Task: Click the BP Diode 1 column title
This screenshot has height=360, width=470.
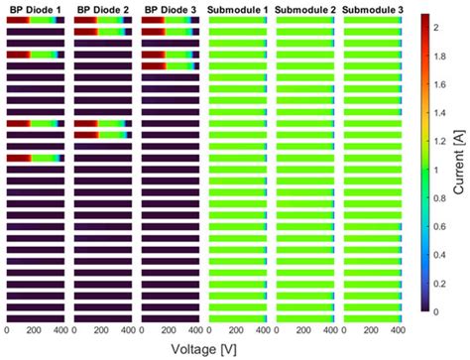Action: point(35,9)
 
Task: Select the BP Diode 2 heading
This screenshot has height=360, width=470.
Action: point(102,9)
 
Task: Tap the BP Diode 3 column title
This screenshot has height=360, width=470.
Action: point(170,9)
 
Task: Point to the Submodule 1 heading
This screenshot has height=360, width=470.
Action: point(238,9)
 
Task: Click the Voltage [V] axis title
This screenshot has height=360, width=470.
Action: point(203,349)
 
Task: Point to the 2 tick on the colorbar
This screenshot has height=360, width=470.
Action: point(437,29)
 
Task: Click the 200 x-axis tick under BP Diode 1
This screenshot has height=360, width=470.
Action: point(35,330)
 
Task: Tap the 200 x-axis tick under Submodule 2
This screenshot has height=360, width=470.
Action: point(304,330)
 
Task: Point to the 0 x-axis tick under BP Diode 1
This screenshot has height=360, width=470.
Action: point(8,330)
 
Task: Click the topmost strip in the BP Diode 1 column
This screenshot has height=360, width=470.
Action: point(35,20)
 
